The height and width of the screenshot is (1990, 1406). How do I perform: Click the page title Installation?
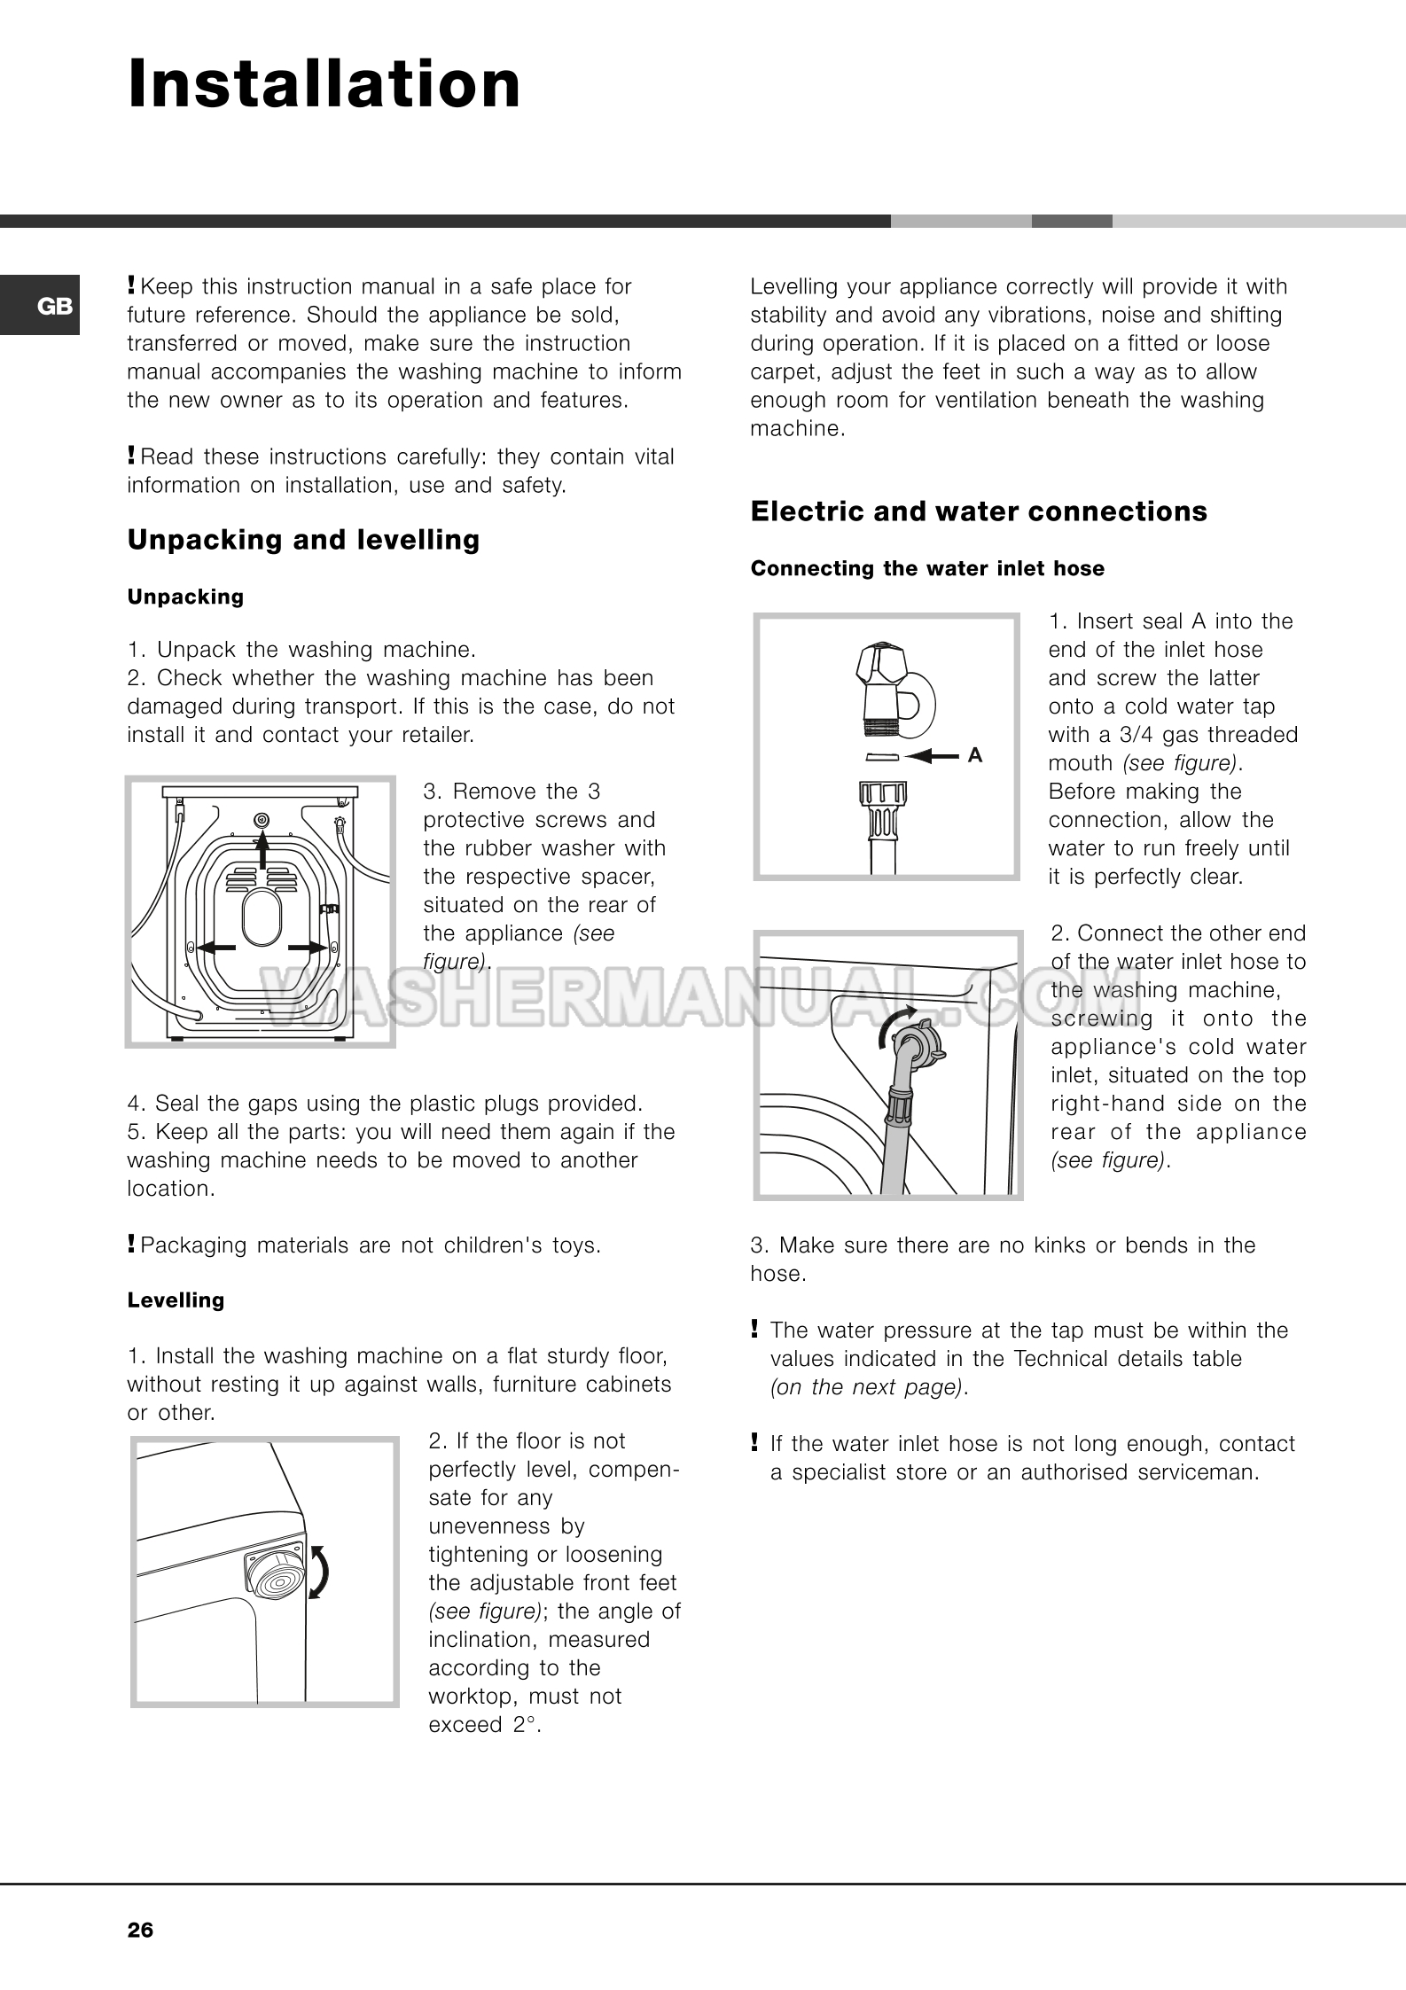click(324, 85)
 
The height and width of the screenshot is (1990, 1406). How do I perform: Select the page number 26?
click(140, 1930)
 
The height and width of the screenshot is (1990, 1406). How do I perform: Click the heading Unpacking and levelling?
click(303, 540)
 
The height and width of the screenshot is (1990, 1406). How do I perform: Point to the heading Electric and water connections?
click(979, 511)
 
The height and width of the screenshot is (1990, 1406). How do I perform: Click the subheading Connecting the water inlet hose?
click(927, 569)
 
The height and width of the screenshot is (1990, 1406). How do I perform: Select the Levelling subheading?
click(176, 1300)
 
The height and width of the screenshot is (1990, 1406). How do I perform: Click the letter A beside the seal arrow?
click(975, 756)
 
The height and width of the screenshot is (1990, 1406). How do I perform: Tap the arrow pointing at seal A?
click(933, 756)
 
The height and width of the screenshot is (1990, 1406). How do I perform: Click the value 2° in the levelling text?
click(525, 1725)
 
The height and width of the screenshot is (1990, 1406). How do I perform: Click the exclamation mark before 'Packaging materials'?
click(131, 1245)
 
